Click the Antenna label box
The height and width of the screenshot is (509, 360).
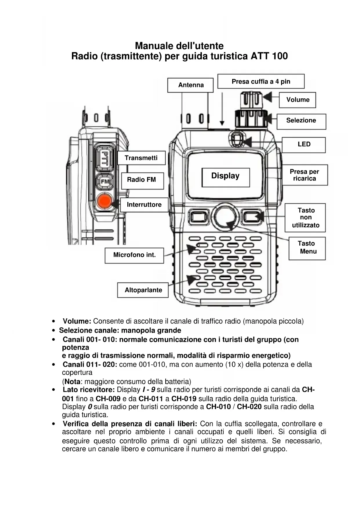(x=191, y=85)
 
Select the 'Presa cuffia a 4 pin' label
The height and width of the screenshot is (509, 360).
(x=261, y=82)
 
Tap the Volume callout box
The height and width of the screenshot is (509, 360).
(x=298, y=100)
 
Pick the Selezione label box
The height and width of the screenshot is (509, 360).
(x=301, y=120)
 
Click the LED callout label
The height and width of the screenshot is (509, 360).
(x=304, y=144)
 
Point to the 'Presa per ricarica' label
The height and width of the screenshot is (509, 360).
(x=304, y=175)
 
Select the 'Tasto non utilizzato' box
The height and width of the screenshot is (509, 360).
(x=305, y=218)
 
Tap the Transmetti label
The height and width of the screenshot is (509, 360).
(x=141, y=158)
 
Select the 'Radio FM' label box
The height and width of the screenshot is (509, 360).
(x=142, y=180)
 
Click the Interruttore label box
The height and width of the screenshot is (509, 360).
(x=144, y=205)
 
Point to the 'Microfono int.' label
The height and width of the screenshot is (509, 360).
(x=134, y=255)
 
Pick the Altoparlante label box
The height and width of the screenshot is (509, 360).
(x=143, y=290)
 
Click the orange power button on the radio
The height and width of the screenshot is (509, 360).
(x=104, y=201)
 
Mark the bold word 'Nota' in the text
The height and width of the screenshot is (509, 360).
(x=72, y=381)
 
